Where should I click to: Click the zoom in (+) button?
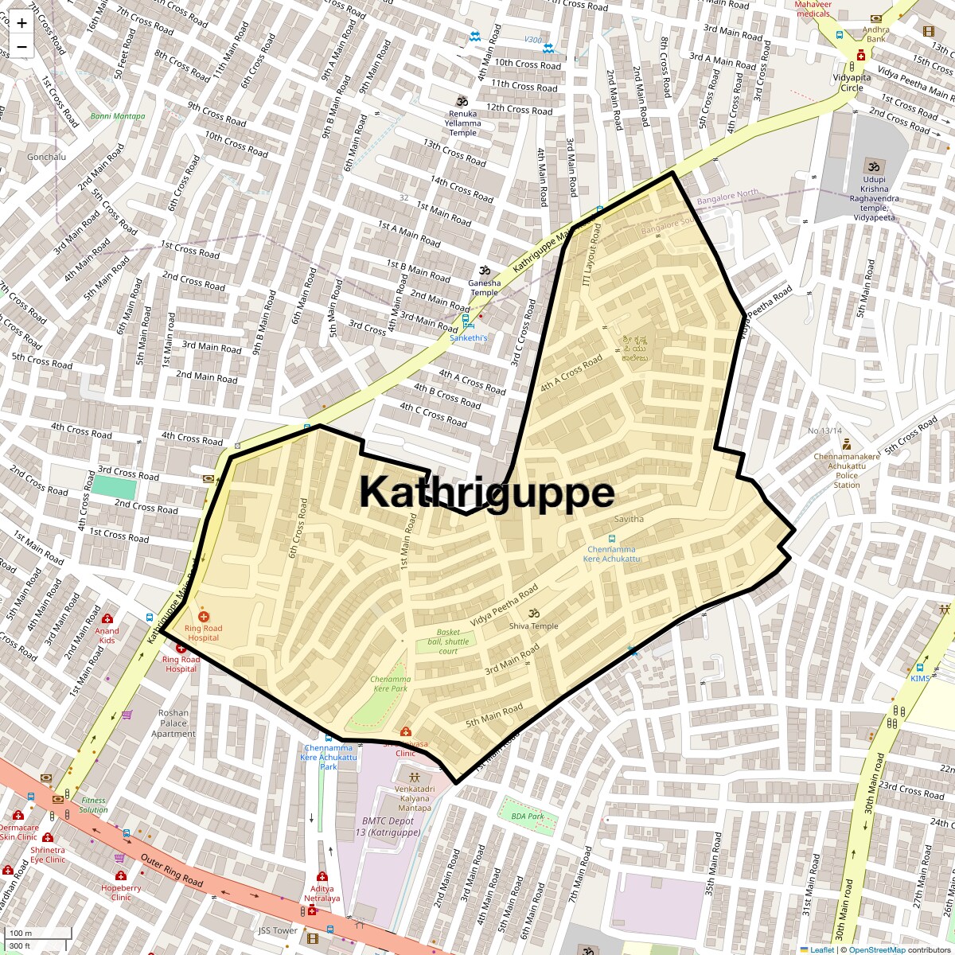[21, 23]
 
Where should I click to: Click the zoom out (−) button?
[21, 47]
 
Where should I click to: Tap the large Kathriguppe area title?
[486, 492]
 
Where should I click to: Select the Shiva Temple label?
[533, 626]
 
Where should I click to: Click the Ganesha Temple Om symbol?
[483, 271]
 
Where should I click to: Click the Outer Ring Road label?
[172, 870]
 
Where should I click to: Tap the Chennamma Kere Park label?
[389, 684]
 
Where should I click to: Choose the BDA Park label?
[528, 816]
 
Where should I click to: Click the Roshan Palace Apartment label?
[173, 723]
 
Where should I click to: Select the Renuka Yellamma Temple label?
[462, 123]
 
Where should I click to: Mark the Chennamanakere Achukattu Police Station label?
[846, 470]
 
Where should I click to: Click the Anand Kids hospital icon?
[107, 618]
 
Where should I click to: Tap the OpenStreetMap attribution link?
[877, 949]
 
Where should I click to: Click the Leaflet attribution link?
[822, 949]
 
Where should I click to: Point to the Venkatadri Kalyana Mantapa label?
[414, 797]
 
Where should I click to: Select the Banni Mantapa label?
[118, 116]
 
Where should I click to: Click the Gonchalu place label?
[47, 157]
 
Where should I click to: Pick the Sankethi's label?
[468, 338]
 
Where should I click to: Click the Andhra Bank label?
[875, 33]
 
